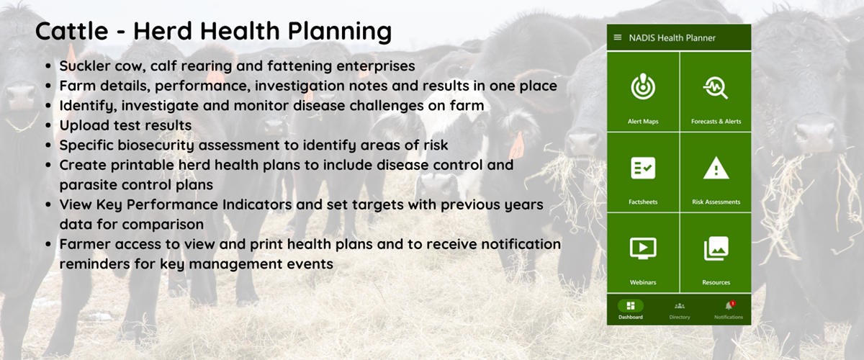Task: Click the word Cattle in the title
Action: (72, 31)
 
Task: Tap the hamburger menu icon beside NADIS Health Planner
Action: (618, 37)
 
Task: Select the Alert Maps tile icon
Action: (643, 86)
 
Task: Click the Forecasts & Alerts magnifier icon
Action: (716, 88)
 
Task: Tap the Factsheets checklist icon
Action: (643, 168)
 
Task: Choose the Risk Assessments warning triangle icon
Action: (716, 168)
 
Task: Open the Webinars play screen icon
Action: (643, 248)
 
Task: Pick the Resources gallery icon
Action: (716, 248)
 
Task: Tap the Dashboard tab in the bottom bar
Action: (631, 310)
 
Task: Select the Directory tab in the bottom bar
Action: (680, 310)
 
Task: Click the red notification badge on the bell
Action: (733, 303)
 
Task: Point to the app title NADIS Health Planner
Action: (672, 38)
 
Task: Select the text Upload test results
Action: (125, 125)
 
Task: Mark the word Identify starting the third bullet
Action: (88, 106)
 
